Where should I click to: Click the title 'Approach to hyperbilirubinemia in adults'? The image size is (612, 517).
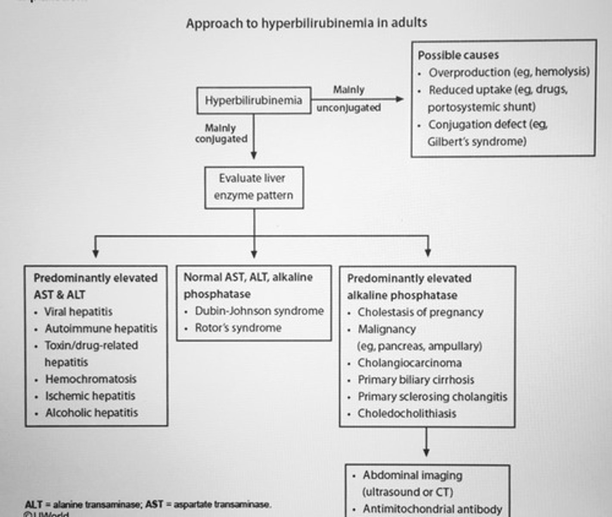click(x=306, y=23)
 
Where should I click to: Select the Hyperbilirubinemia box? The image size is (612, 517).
click(x=253, y=100)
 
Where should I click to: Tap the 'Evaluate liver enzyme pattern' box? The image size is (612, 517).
click(x=254, y=187)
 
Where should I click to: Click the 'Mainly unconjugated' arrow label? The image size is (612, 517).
click(x=348, y=99)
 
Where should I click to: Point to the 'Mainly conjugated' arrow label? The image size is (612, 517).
click(x=221, y=134)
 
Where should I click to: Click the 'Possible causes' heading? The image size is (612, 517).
click(x=458, y=55)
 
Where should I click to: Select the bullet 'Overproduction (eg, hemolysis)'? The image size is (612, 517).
click(x=509, y=72)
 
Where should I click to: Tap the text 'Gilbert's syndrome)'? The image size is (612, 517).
click(x=477, y=141)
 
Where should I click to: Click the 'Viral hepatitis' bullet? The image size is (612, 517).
click(x=78, y=311)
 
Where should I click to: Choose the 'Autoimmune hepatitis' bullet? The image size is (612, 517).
click(x=101, y=328)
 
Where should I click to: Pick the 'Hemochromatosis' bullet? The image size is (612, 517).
click(x=90, y=379)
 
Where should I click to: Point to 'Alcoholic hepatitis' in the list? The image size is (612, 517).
click(x=91, y=413)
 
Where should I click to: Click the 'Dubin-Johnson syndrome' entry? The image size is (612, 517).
click(x=259, y=311)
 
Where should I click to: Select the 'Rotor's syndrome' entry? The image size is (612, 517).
click(x=238, y=328)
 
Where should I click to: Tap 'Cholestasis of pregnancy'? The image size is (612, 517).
click(x=420, y=312)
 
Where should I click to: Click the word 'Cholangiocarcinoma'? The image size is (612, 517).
click(x=409, y=363)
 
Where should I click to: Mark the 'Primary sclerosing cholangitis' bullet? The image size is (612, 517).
click(x=432, y=396)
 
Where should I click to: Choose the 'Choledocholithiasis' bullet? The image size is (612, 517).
click(x=407, y=413)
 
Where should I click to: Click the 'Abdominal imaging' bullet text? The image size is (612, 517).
click(x=412, y=475)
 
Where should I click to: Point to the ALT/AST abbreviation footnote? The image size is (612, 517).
click(x=148, y=504)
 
